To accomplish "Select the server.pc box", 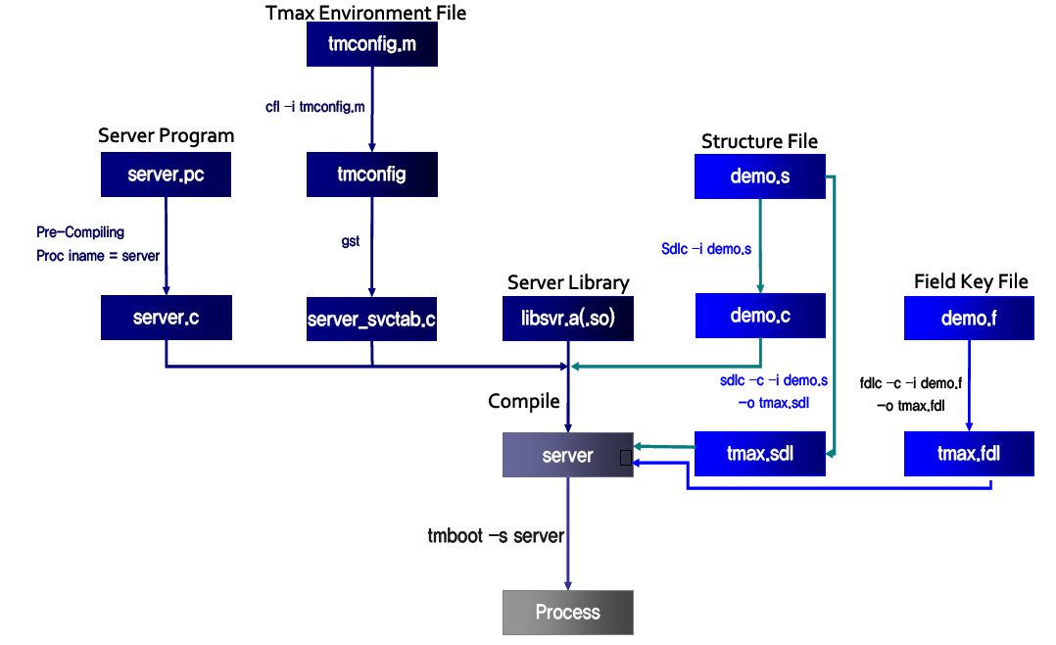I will point(167,174).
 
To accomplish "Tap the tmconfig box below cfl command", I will point(371,174).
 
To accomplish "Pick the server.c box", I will point(167,318).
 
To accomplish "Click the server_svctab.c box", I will point(371,318).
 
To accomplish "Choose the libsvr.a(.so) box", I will point(568,318).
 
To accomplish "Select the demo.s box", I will point(760,176).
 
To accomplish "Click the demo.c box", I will point(760,316).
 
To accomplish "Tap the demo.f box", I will point(969,318).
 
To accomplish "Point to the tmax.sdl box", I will point(760,454).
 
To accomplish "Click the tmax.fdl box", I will point(969,454).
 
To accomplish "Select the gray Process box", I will point(568,613).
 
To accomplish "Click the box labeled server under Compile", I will point(568,455).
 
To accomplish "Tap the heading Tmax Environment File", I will point(366,13).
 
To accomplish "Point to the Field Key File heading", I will point(971,282).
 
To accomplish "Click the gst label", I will point(351,241).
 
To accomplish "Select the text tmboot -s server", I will point(496,535).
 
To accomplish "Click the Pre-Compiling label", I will point(80,232).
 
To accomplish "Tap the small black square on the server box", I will point(625,457).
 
